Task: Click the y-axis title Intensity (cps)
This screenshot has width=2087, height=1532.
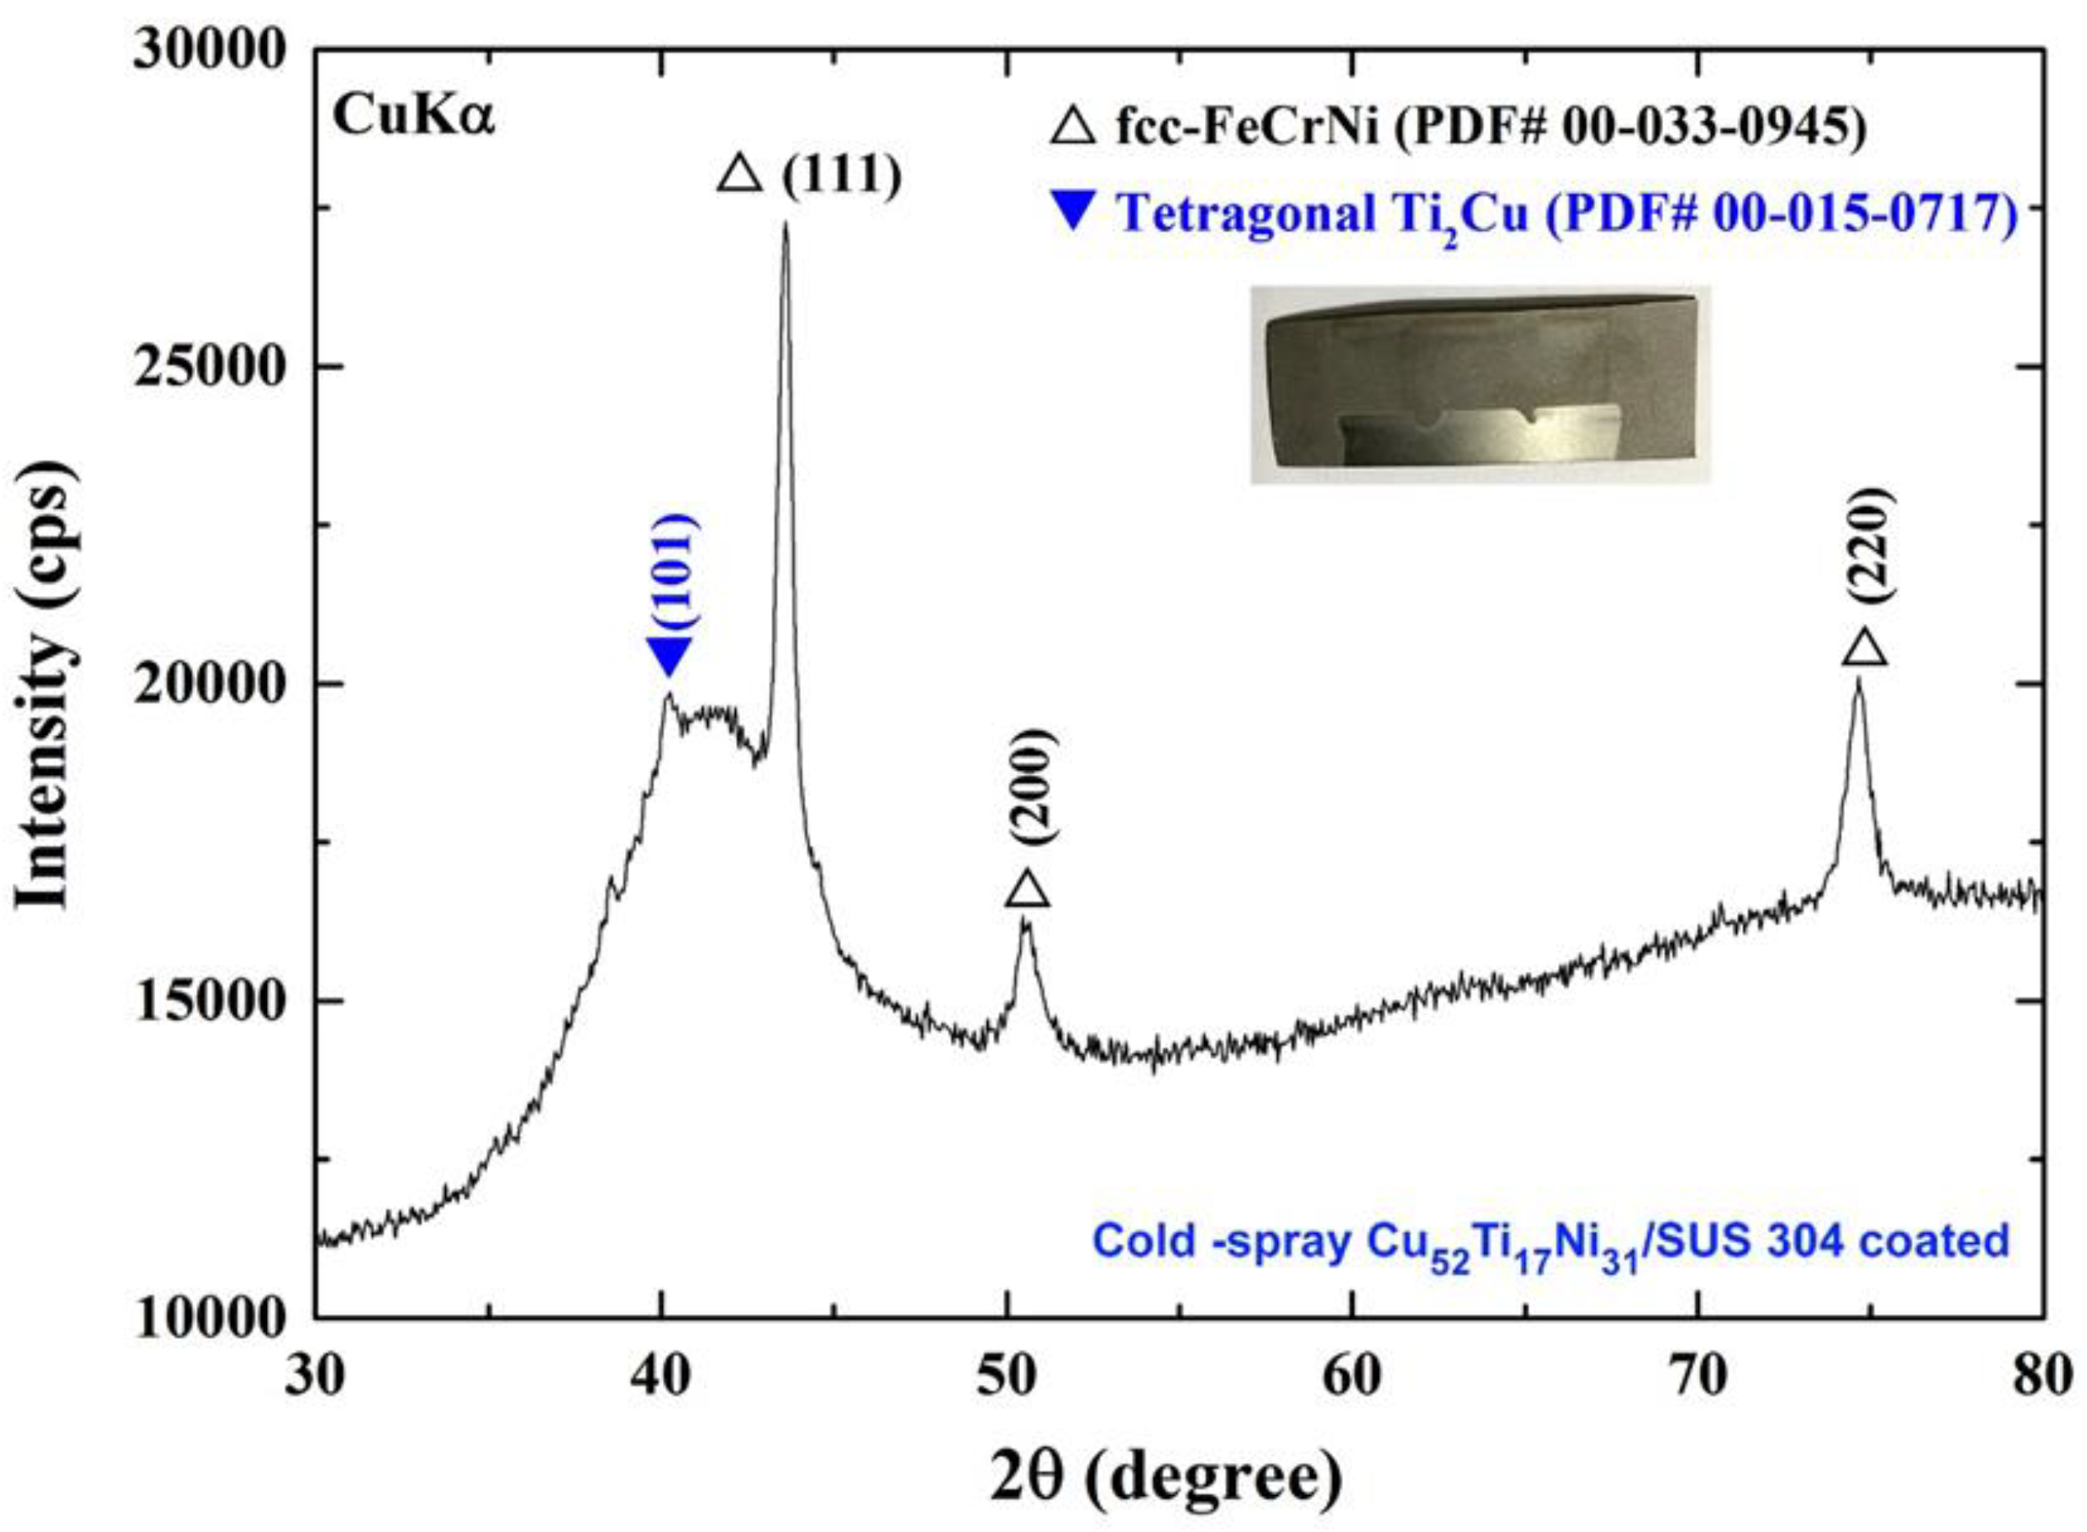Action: (x=44, y=686)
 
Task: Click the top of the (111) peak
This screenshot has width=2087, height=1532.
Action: (x=786, y=224)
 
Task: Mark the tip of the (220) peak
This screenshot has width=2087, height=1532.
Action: (x=1858, y=681)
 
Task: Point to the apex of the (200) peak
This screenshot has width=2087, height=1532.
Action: (x=1025, y=921)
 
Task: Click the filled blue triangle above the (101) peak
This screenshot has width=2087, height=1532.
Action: (x=669, y=657)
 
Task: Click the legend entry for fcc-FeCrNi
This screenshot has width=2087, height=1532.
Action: (x=1457, y=127)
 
